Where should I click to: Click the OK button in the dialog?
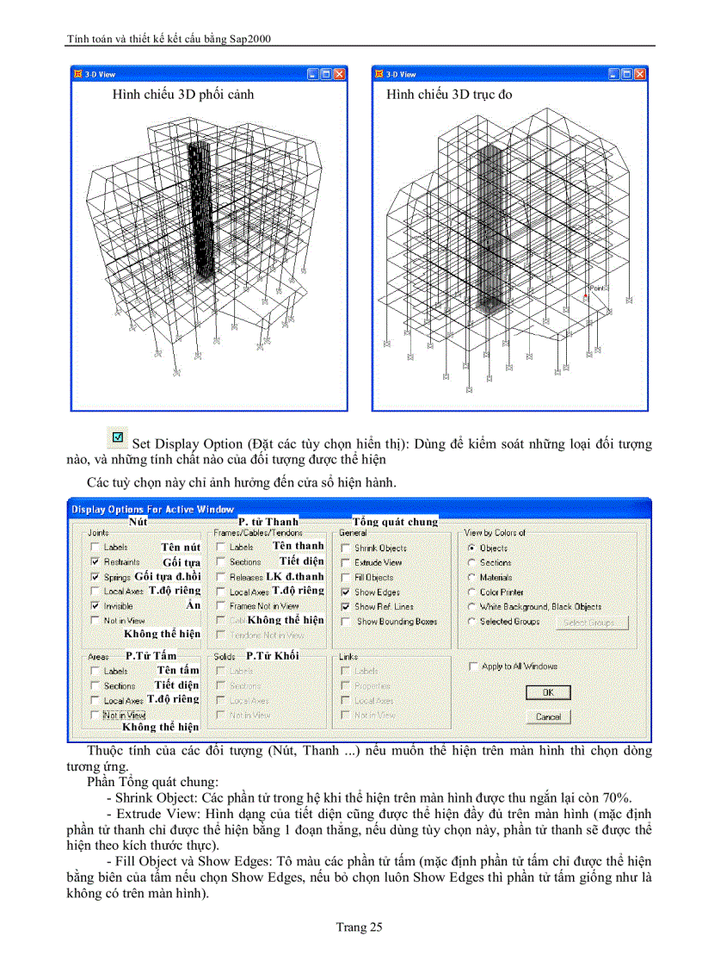click(547, 692)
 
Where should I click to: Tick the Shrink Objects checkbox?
click(346, 548)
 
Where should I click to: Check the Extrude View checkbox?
click(346, 562)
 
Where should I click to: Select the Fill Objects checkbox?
click(346, 577)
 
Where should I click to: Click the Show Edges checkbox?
click(346, 592)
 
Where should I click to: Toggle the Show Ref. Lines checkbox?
click(346, 607)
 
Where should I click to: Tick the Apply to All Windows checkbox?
click(473, 666)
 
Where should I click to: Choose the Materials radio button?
click(471, 577)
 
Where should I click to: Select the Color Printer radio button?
click(471, 592)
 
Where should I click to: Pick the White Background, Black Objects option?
click(471, 607)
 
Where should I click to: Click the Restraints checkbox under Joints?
click(95, 561)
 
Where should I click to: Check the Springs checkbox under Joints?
click(95, 577)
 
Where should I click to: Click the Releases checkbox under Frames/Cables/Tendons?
click(220, 577)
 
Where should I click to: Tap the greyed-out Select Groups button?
click(592, 622)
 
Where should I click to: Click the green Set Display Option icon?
click(120, 438)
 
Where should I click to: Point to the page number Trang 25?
click(359, 927)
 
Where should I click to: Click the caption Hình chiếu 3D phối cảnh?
click(182, 94)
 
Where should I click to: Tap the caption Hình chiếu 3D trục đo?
click(449, 94)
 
